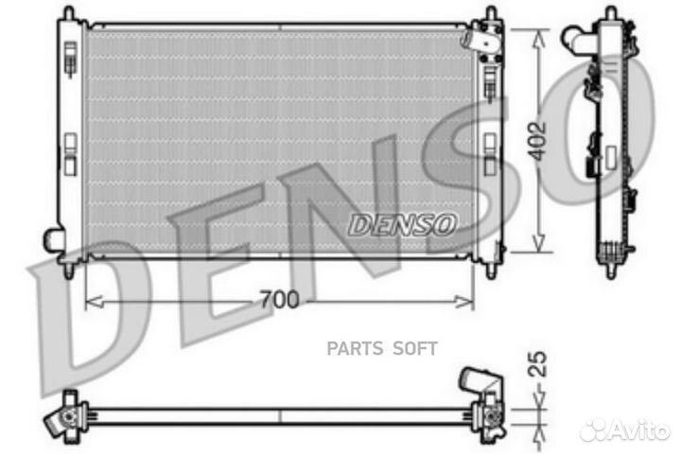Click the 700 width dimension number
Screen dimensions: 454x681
[279, 301]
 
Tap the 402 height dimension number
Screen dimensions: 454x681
[539, 143]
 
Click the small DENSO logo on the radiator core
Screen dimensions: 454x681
[403, 224]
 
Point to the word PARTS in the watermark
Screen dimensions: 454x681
[356, 348]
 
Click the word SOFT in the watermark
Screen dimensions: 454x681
[415, 348]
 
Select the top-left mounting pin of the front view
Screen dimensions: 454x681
[67, 13]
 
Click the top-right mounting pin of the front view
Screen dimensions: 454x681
[491, 14]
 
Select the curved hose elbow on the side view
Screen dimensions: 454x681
[573, 38]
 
